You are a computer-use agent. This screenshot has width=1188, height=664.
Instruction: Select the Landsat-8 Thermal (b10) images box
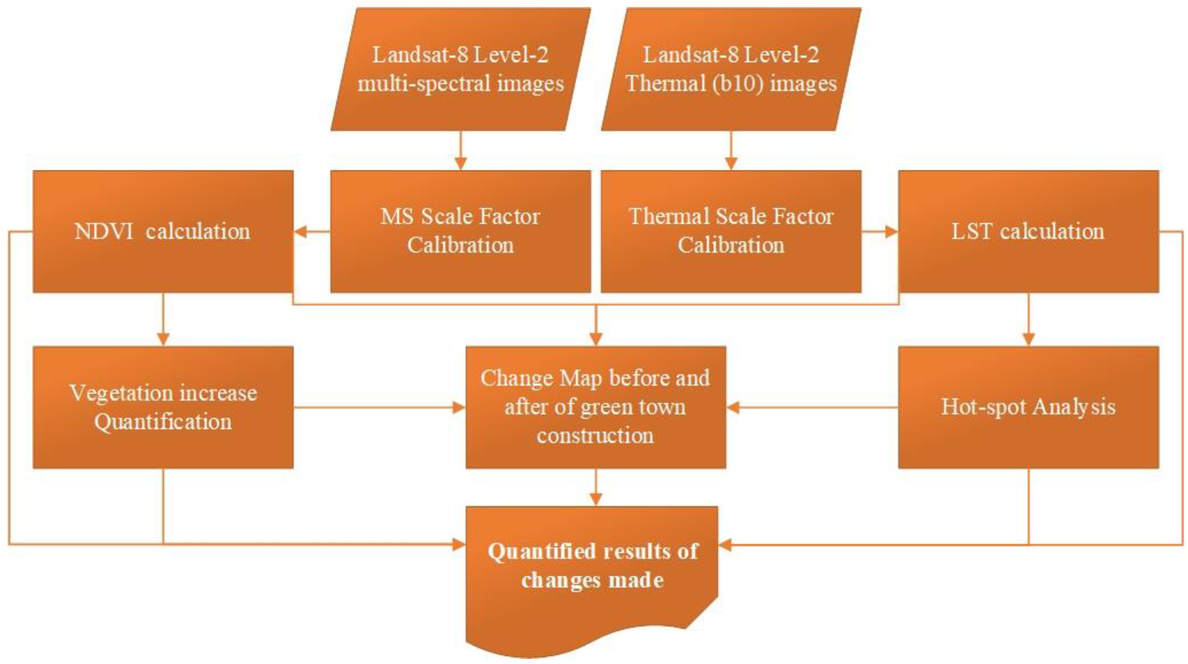point(731,69)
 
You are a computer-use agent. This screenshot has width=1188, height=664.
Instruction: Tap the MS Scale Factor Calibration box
point(460,231)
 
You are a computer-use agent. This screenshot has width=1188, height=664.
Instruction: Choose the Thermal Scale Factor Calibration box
point(731,231)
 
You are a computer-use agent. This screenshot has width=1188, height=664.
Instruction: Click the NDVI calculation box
point(163,231)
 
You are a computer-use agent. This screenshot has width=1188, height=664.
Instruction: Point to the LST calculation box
point(1028,231)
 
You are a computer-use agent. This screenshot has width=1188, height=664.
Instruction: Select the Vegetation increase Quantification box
point(163,408)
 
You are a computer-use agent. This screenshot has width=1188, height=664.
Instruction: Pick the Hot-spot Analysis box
point(1028,408)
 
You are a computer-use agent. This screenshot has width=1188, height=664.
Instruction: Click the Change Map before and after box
point(595,408)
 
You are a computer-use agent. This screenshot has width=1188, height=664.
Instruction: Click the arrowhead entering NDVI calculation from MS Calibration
point(301,231)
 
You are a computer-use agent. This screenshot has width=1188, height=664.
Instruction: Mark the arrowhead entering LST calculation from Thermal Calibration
point(891,231)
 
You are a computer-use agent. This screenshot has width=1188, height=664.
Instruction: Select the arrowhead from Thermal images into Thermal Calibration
point(731,164)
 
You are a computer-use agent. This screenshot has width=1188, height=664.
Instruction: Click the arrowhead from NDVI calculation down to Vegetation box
point(163,339)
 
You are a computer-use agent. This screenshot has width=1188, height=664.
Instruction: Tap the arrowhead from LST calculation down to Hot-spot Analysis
point(1028,339)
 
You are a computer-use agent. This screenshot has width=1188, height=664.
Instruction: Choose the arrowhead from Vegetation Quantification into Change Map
point(459,408)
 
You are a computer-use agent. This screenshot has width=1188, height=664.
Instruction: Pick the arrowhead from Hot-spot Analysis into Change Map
point(734,408)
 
